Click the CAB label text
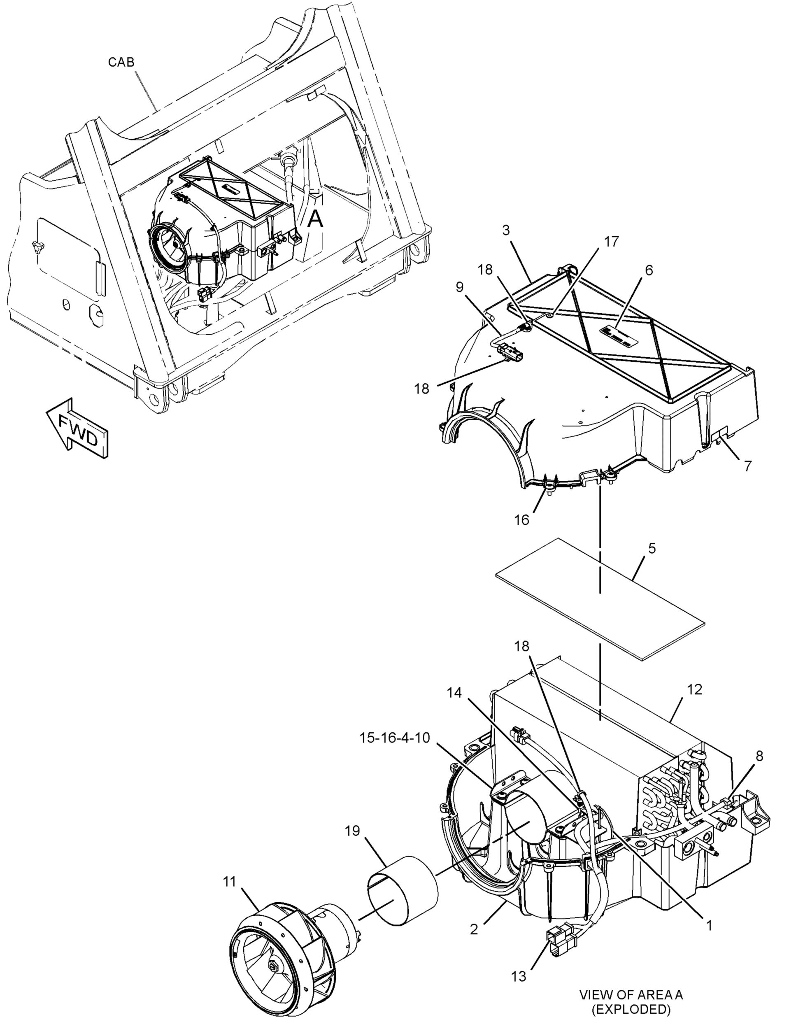pyautogui.click(x=121, y=62)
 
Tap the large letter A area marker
pyautogui.click(x=315, y=219)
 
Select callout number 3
pyautogui.click(x=506, y=230)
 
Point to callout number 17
pyautogui.click(x=611, y=241)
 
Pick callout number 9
pyautogui.click(x=459, y=286)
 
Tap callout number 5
pyautogui.click(x=652, y=548)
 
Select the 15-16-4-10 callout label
pyautogui.click(x=395, y=738)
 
